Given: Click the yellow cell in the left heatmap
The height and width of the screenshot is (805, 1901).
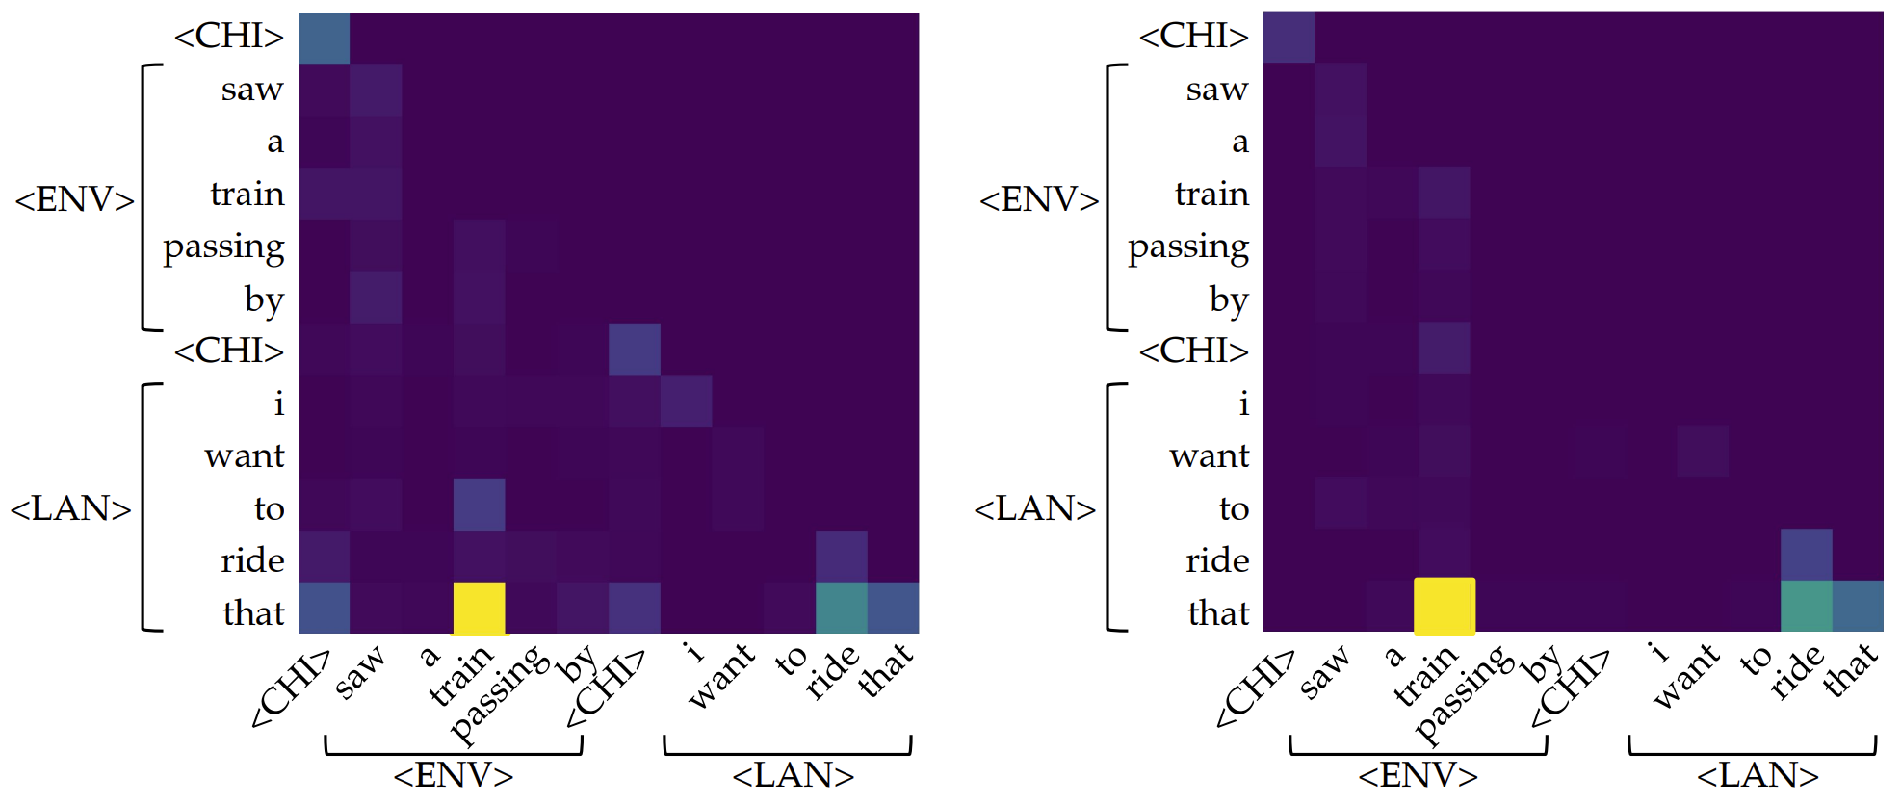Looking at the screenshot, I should tap(479, 608).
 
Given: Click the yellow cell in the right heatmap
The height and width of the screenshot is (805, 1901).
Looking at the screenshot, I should tap(1444, 606).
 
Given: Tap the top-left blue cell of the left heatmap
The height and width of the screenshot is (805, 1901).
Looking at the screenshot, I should tap(324, 38).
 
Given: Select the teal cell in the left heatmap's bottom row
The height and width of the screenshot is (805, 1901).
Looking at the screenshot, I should tap(841, 608).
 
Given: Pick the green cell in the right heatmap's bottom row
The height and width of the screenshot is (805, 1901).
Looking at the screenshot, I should tap(1806, 606).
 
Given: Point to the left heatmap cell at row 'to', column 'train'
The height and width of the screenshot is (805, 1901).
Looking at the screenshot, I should tap(479, 504).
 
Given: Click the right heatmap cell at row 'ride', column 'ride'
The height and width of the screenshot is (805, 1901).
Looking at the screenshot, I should tap(1806, 555).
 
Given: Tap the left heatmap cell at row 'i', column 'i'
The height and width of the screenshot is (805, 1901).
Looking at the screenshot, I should tap(686, 401).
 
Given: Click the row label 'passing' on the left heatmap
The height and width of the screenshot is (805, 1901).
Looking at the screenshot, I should tap(223, 247).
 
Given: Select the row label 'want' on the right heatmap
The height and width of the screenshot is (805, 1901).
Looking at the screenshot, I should tap(1209, 454).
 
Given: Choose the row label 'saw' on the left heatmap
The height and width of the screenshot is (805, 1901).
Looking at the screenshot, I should tap(252, 90).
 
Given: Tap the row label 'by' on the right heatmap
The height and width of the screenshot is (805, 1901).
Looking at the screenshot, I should tap(1228, 299).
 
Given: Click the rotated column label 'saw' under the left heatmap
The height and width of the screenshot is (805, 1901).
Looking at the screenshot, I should tap(359, 672).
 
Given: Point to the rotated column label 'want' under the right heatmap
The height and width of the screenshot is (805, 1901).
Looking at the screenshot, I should tap(1685, 676).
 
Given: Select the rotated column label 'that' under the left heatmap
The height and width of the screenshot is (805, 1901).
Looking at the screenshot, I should tap(885, 669).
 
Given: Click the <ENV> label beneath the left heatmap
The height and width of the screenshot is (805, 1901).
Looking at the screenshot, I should tap(453, 775).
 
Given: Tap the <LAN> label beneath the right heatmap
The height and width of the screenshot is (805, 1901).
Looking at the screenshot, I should tap(1757, 775).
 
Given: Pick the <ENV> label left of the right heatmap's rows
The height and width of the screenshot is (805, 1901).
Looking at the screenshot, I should tap(1038, 200).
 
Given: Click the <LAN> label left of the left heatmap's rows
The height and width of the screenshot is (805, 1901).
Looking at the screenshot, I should tap(70, 508).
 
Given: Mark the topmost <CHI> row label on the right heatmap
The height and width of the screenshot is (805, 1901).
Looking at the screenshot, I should tap(1193, 37).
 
